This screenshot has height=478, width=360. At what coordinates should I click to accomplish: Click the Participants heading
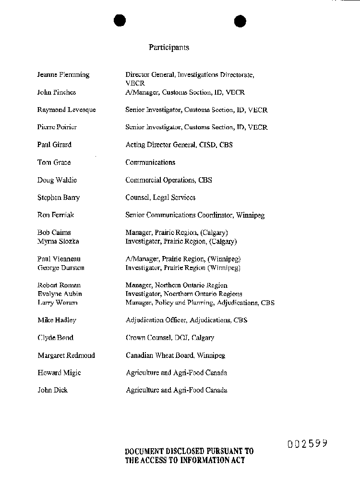click(x=168, y=48)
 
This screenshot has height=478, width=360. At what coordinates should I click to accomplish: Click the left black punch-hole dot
click(x=120, y=21)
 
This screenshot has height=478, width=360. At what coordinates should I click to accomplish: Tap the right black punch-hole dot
click(x=240, y=21)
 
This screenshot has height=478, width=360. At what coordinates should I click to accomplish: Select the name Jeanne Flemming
click(x=63, y=74)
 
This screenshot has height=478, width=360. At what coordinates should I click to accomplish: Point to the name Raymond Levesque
click(x=66, y=110)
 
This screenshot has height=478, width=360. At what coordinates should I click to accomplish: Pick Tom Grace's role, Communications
click(x=150, y=162)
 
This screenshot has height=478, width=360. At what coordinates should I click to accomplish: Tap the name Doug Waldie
click(x=57, y=180)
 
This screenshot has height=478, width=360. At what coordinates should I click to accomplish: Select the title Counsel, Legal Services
click(x=160, y=197)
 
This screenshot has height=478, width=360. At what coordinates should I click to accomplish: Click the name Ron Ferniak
click(x=56, y=215)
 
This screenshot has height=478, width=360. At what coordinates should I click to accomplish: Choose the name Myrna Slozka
click(x=58, y=241)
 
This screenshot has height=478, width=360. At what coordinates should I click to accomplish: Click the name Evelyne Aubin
click(x=60, y=294)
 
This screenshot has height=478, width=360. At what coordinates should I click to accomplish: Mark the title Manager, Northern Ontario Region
click(x=176, y=285)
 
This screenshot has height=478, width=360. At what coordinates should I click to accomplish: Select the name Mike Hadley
click(x=57, y=320)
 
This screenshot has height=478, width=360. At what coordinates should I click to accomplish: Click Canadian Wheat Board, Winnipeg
click(x=175, y=355)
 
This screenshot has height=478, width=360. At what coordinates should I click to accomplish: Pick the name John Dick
click(x=52, y=390)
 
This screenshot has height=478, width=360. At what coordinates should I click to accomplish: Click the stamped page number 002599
click(x=308, y=443)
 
